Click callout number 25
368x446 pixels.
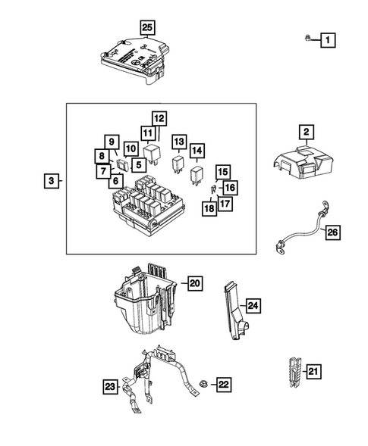[147, 28]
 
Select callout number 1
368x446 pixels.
[327, 39]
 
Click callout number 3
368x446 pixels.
[51, 181]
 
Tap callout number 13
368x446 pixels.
[178, 142]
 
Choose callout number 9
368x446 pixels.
[111, 142]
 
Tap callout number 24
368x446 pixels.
[253, 306]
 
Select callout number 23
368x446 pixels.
[111, 388]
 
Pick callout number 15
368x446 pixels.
[222, 171]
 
